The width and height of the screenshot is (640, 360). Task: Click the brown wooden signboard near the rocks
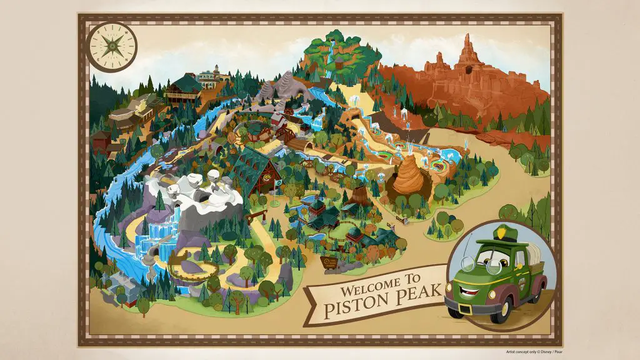(x=329, y=261)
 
